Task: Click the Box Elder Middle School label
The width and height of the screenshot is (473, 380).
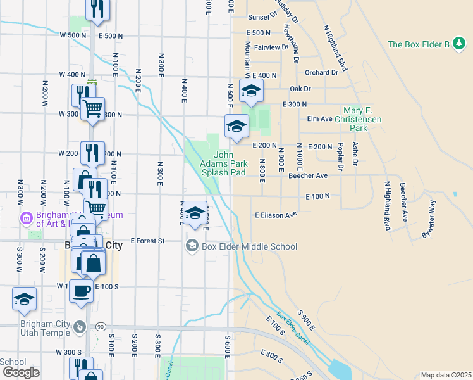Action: [x=249, y=246]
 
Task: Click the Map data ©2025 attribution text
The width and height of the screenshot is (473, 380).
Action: [x=445, y=375]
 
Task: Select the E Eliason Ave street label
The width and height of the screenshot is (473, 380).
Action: [x=276, y=215]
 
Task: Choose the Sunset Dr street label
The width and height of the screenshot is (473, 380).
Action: [x=262, y=16]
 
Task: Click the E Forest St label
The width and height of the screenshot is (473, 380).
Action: [x=147, y=241]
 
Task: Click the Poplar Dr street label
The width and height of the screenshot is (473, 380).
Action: [x=340, y=158]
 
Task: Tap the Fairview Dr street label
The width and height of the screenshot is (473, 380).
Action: [x=271, y=47]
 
